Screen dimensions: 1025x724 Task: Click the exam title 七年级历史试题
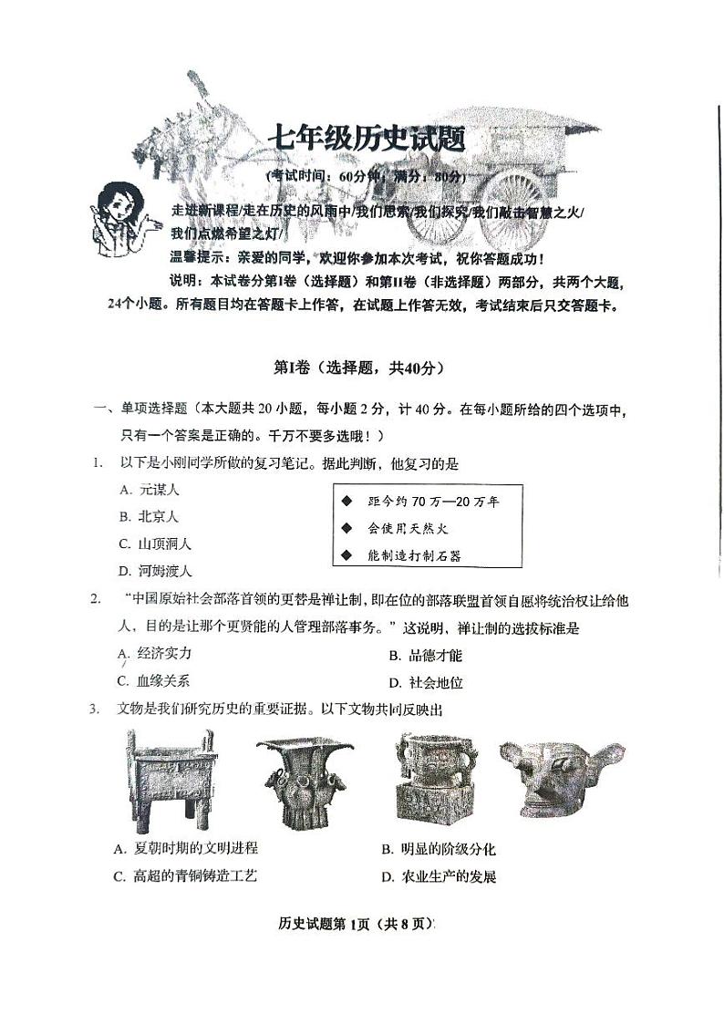coord(366,139)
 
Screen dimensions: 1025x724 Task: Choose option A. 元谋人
coord(150,490)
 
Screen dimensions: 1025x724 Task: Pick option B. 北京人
coord(150,516)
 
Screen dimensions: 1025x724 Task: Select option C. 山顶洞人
coord(156,544)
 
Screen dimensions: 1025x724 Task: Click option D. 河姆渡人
coord(156,571)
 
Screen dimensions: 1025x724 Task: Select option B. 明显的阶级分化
coord(439,849)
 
